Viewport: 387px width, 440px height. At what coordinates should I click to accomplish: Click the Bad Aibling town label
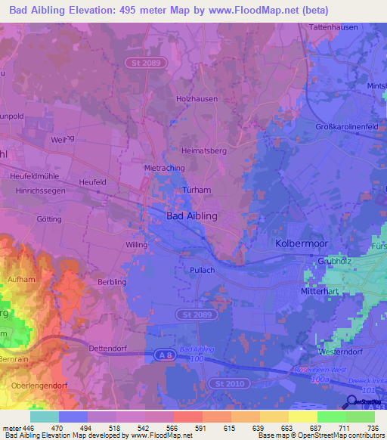[191, 216]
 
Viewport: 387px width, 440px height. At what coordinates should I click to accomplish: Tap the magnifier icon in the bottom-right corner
[352, 401]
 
